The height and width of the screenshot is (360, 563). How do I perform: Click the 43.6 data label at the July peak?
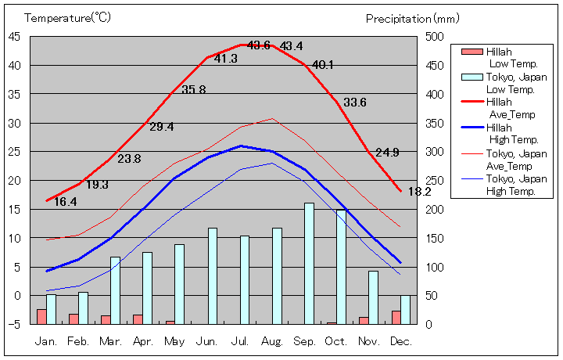point(259,45)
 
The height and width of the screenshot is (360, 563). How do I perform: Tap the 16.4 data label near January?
point(66,202)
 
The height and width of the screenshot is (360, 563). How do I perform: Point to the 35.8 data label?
point(193,90)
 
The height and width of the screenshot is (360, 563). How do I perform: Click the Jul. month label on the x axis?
point(240,341)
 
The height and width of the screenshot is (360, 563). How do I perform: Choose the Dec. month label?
point(400,341)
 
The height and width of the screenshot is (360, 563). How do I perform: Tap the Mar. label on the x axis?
point(110,341)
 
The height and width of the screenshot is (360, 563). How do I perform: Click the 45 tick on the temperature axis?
point(15,36)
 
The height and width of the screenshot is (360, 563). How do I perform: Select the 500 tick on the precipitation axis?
point(434,36)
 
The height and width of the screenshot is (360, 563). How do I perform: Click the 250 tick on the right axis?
point(434,180)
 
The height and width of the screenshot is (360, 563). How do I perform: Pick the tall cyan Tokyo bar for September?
point(309,263)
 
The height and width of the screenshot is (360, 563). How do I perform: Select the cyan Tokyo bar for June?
point(213,275)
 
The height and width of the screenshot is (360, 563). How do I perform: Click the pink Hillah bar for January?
point(41,316)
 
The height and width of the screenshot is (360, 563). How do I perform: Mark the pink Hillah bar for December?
point(396,317)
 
